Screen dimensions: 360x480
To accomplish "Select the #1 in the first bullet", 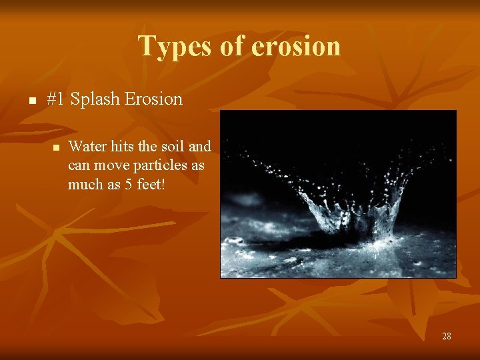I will coord(56,99).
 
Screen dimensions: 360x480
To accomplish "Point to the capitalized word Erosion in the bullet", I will coord(153,99).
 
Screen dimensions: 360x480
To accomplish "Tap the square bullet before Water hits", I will coord(57,147).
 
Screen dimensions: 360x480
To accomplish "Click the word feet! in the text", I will coord(150,184).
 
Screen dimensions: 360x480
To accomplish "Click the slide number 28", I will coord(446,336).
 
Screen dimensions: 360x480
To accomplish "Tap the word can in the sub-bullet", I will coord(78,165).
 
